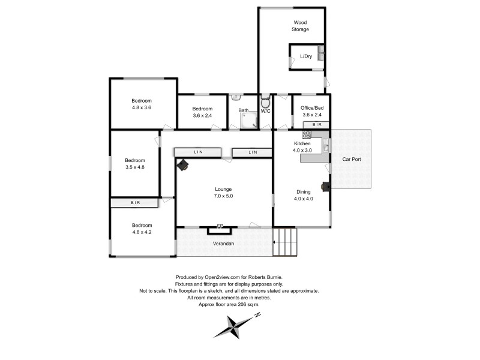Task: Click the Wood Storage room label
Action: tap(301, 25)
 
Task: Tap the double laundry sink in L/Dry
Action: tap(321, 53)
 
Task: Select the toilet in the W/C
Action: tap(266, 103)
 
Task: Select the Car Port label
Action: tap(351, 160)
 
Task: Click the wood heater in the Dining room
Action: tap(325, 186)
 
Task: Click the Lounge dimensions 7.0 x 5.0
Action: tap(223, 196)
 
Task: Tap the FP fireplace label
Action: tap(220, 226)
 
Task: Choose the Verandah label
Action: tap(223, 244)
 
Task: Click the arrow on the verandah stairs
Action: tap(278, 242)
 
